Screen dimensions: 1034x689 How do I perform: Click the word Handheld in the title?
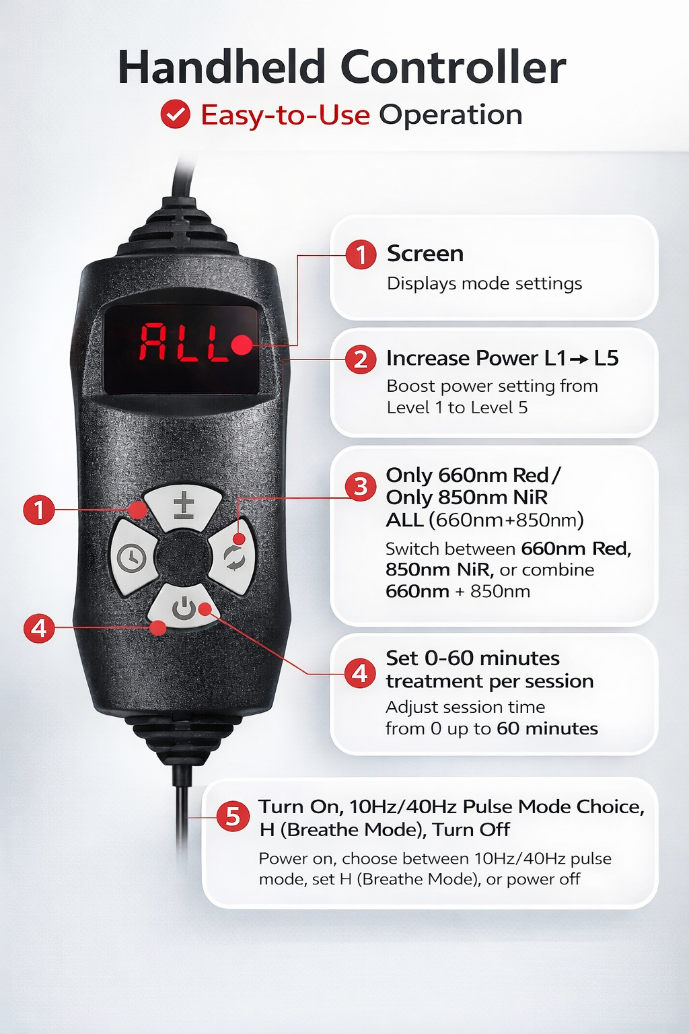pyautogui.click(x=222, y=67)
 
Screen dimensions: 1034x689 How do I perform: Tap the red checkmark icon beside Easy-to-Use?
pyautogui.click(x=175, y=114)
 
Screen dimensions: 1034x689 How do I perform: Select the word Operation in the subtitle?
pyautogui.click(x=450, y=115)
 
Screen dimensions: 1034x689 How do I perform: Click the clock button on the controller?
pyautogui.click(x=132, y=557)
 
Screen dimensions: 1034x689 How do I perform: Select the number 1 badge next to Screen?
pyautogui.click(x=361, y=254)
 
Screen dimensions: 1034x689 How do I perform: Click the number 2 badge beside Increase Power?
pyautogui.click(x=361, y=359)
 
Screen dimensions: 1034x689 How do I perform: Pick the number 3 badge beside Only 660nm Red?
pyautogui.click(x=361, y=486)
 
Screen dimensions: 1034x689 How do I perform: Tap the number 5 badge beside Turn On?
pyautogui.click(x=233, y=816)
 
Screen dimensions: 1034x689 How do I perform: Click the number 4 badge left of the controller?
pyautogui.click(x=39, y=628)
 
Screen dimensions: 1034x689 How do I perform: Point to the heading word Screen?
pyautogui.click(x=425, y=254)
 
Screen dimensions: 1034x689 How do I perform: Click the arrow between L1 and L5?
pyautogui.click(x=579, y=359)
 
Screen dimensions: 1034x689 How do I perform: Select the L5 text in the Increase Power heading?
pyautogui.click(x=606, y=358)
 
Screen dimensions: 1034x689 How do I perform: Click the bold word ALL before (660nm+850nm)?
pyautogui.click(x=404, y=520)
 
